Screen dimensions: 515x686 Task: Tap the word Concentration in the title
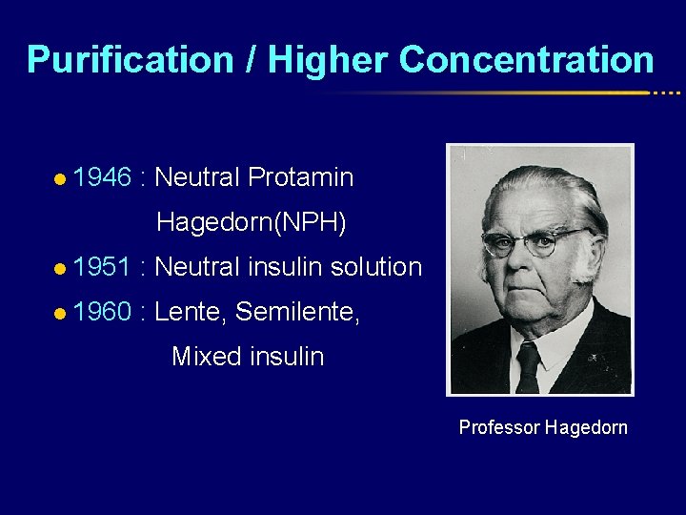coord(527,59)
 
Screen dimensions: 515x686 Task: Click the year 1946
coord(101,177)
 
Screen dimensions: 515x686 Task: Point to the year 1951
coord(101,267)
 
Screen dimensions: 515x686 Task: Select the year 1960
coord(101,311)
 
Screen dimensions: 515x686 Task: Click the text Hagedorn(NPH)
coord(252,223)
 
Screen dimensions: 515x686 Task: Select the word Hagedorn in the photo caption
coord(586,427)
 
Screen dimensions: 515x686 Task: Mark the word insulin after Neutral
coord(286,267)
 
